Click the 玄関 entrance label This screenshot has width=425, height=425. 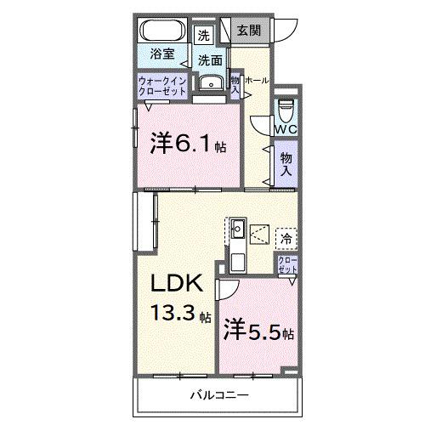pyautogui.click(x=248, y=30)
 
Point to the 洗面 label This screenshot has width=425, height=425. pyautogui.click(x=210, y=60)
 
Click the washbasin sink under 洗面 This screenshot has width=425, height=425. pyautogui.click(x=209, y=83)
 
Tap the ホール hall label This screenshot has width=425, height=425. pyautogui.click(x=257, y=80)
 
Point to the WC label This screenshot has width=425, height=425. pyautogui.click(x=286, y=129)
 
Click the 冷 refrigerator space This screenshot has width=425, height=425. pyautogui.click(x=286, y=239)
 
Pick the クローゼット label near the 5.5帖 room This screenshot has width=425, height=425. pyautogui.click(x=287, y=264)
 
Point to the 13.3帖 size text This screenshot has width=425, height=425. pyautogui.click(x=180, y=316)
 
